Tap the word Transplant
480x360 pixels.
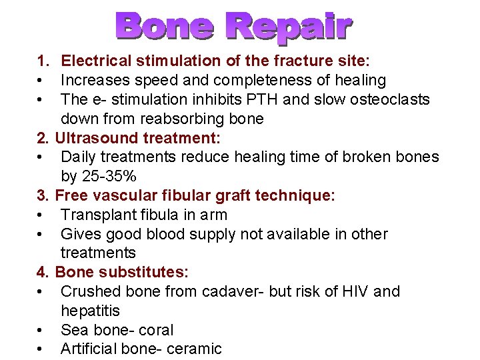pos(98,215)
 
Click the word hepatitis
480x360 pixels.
pos(90,311)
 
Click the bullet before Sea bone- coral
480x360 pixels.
pos(41,330)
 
